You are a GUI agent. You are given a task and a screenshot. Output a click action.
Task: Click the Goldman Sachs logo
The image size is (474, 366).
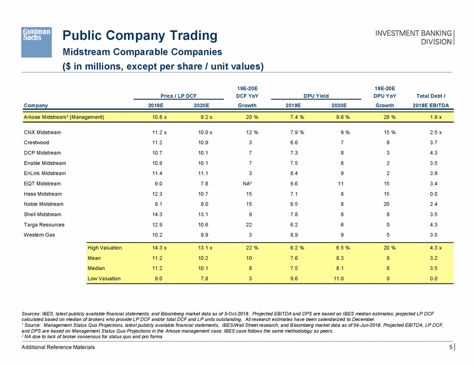[x=37, y=35]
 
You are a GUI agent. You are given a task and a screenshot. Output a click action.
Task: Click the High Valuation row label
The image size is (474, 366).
[x=105, y=247]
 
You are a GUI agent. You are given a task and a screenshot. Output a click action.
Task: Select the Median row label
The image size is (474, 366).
[x=96, y=268]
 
